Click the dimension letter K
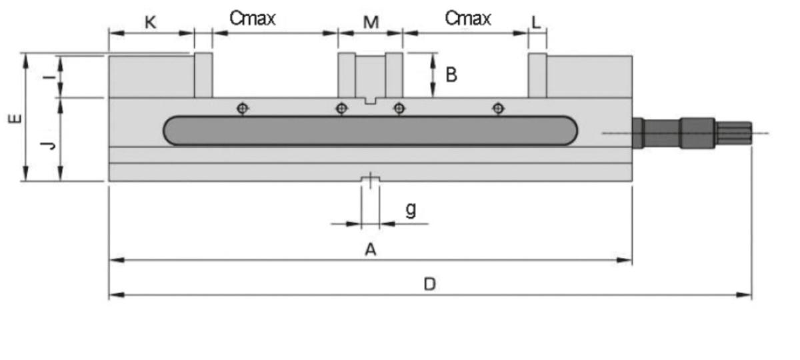[x=151, y=22]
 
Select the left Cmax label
[x=253, y=19]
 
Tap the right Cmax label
[x=468, y=19]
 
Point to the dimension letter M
[x=371, y=22]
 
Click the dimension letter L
[x=536, y=22]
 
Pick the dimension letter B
[x=451, y=75]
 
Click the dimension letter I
[x=47, y=77]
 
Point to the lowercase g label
[x=411, y=210]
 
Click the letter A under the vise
[x=371, y=250]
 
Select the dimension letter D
[x=430, y=285]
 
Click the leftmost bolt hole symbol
[x=243, y=108]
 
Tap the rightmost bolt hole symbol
[x=497, y=108]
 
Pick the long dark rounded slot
[x=371, y=131]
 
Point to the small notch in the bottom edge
[x=370, y=179]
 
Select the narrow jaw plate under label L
[x=537, y=75]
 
